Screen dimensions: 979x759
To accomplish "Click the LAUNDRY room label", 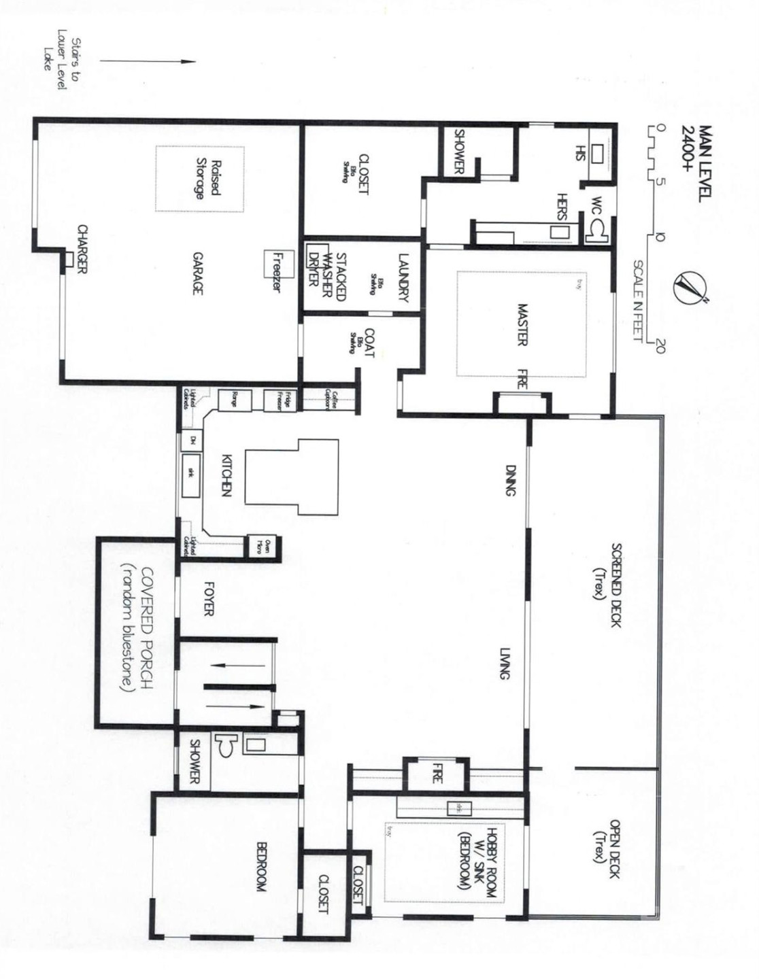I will pyautogui.click(x=403, y=277).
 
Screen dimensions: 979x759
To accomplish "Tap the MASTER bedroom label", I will pyautogui.click(x=522, y=324).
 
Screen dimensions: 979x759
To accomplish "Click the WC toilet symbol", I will pyautogui.click(x=599, y=231).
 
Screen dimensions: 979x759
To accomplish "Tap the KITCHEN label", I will pyautogui.click(x=228, y=475).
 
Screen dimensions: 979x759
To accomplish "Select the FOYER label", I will pyautogui.click(x=209, y=598).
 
